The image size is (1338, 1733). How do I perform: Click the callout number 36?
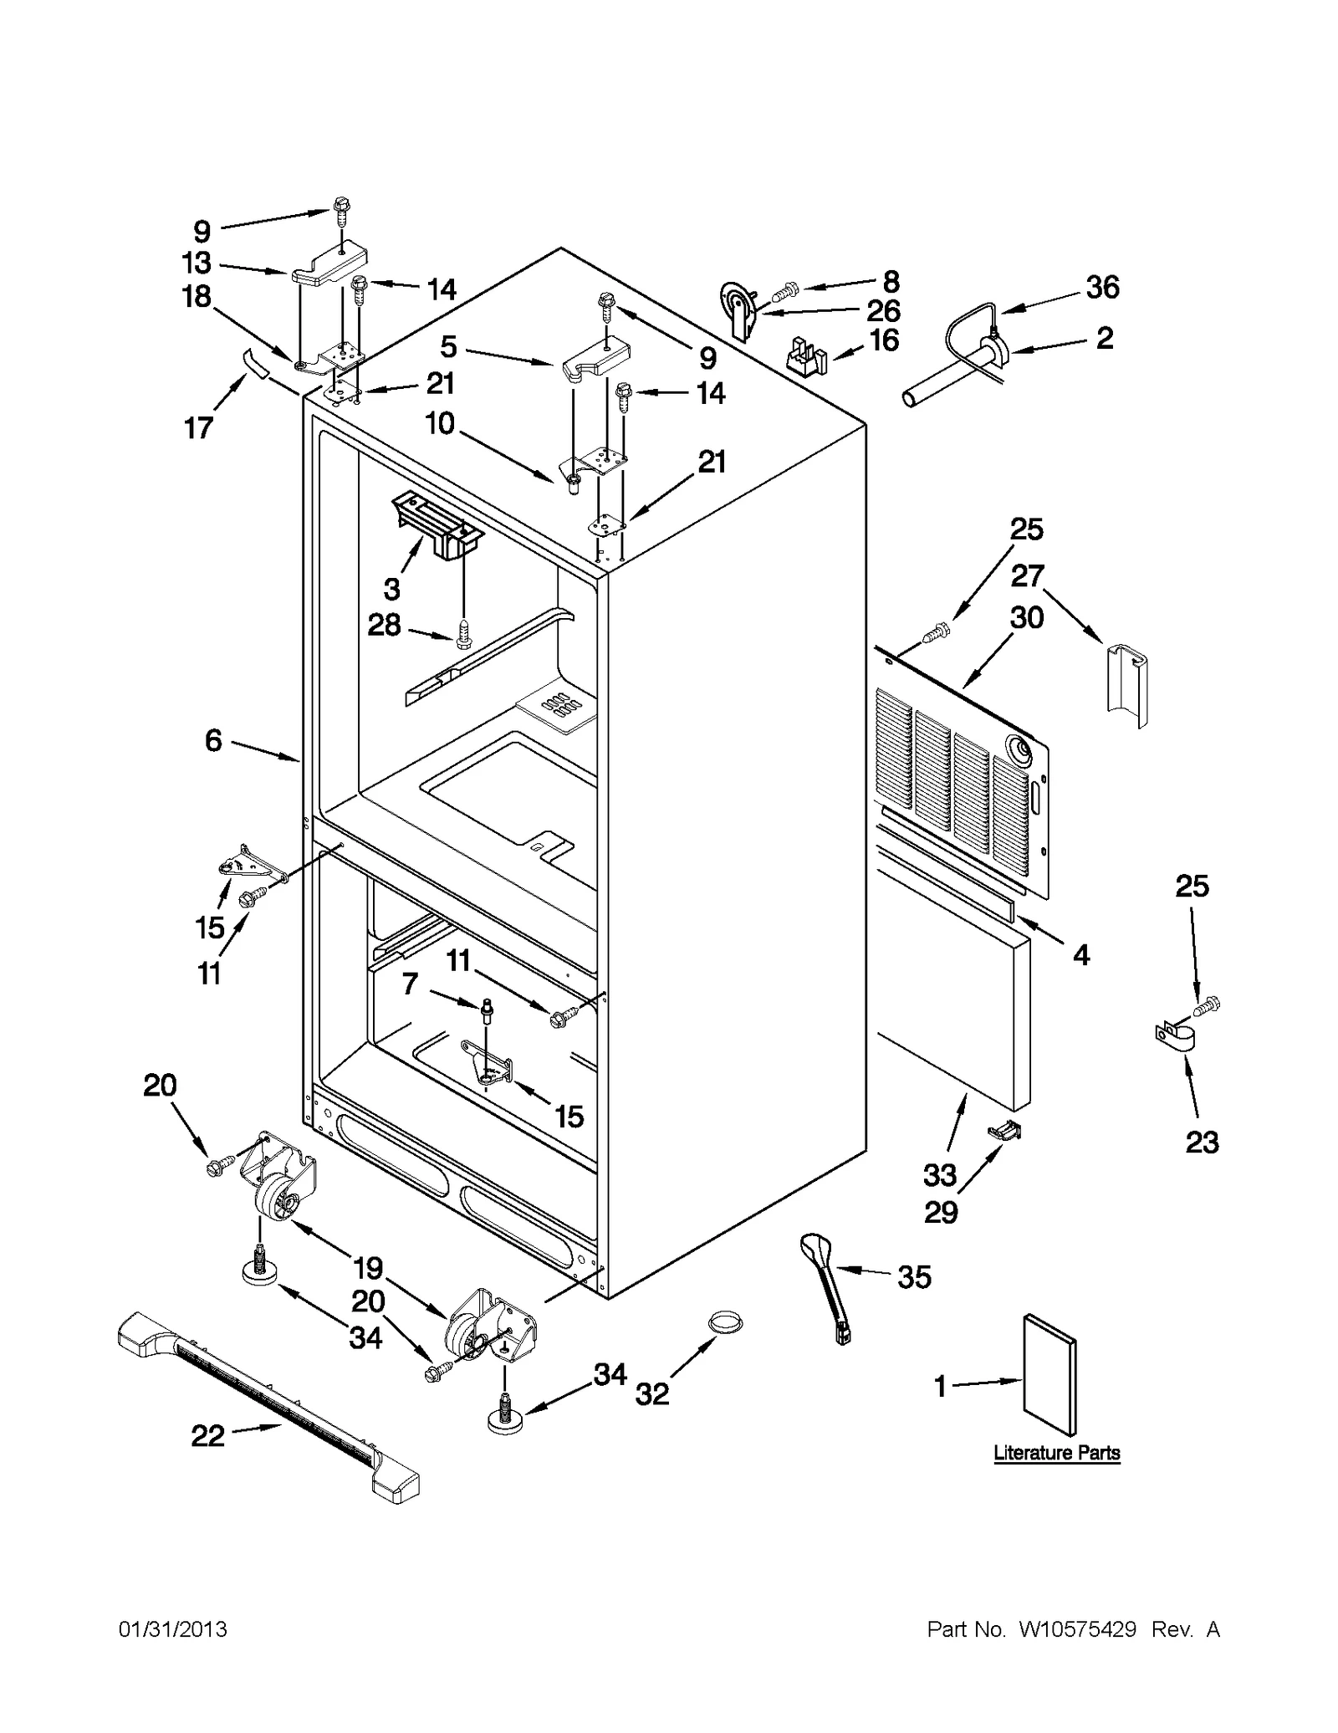1102,288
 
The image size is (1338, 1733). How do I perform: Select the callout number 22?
208,1436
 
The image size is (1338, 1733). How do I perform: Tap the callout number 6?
214,740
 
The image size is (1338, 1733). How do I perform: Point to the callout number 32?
652,1394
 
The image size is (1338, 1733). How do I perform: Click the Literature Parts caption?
1056,1453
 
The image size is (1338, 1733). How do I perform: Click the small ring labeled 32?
724,1321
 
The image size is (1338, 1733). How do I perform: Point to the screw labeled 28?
464,636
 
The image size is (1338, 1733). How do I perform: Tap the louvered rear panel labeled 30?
953,786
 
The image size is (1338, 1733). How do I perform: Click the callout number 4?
1081,955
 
